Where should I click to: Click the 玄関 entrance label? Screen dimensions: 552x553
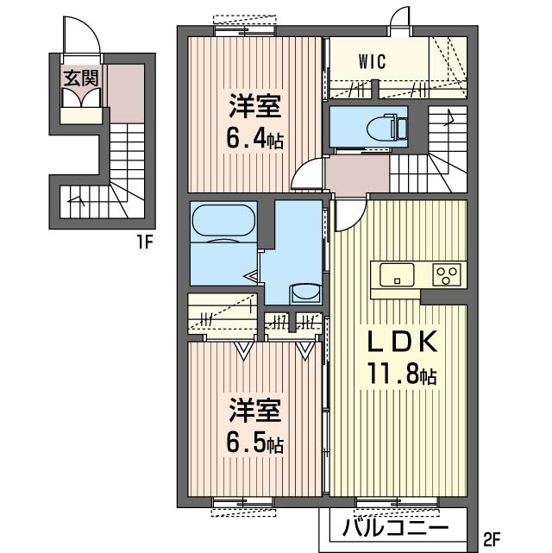81,78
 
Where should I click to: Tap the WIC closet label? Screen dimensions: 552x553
373,62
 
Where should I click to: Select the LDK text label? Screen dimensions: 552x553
403,341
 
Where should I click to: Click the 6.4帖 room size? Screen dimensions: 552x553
254,139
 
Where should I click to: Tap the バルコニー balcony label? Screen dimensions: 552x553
396,528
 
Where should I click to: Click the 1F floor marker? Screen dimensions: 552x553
144,242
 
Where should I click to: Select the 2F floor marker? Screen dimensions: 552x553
491,539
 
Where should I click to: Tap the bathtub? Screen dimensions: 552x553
223,222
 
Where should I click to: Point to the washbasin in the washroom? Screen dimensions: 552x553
305,293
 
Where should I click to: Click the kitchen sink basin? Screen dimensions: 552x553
397,274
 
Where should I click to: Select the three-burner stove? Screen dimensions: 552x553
447,274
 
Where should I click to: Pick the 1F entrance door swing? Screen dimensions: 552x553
82,35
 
